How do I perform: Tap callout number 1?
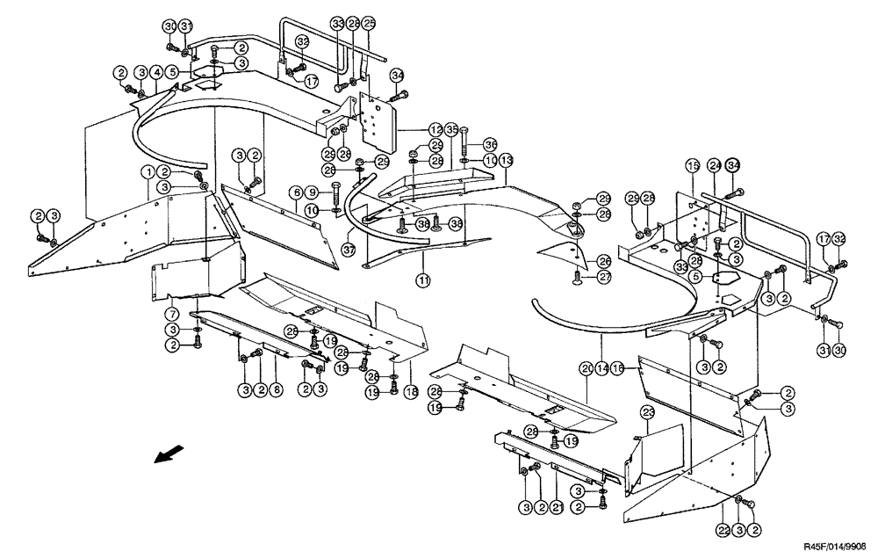pyautogui.click(x=149, y=171)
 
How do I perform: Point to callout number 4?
pyautogui.click(x=155, y=71)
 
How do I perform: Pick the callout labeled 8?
pyautogui.click(x=276, y=388)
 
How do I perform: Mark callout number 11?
pyautogui.click(x=422, y=280)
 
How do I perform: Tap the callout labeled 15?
pyautogui.click(x=691, y=166)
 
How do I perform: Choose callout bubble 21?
pyautogui.click(x=558, y=507)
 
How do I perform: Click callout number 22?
pyautogui.click(x=722, y=531)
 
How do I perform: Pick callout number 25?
pyautogui.click(x=369, y=22)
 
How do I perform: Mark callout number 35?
pyautogui.click(x=451, y=129)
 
